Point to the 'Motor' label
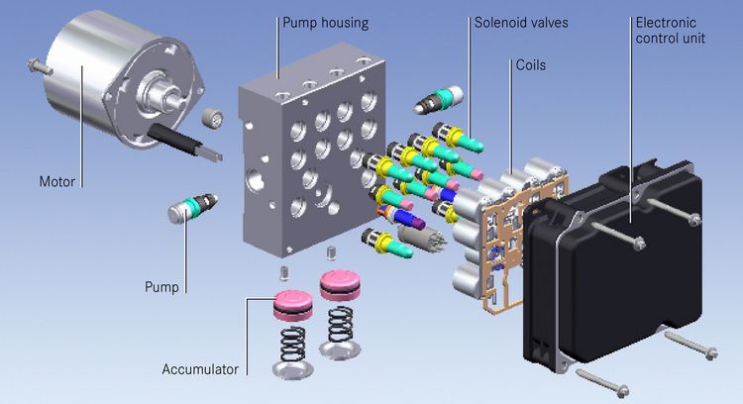point(57,182)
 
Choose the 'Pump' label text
point(161,288)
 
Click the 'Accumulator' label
point(200,370)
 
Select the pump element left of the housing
point(194,211)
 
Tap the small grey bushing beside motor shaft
point(210,120)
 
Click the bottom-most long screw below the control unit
point(603,379)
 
